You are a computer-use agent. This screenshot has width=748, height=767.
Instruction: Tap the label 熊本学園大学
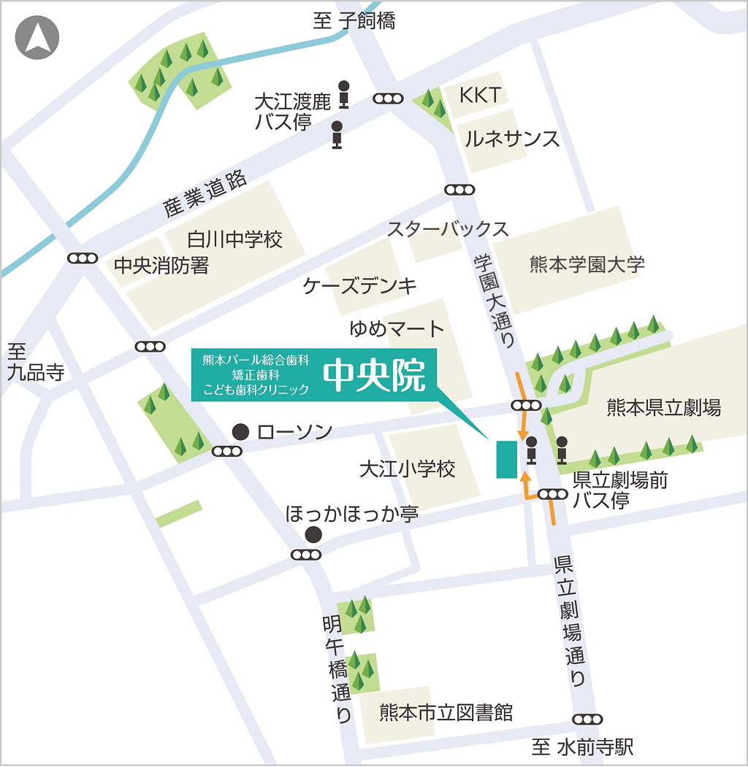point(587,264)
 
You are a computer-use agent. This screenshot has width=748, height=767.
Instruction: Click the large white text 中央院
point(375,377)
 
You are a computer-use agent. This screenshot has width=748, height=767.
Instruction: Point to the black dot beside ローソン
point(240,432)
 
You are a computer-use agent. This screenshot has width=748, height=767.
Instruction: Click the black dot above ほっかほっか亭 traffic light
point(313,534)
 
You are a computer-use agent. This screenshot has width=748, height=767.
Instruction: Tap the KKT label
point(480,95)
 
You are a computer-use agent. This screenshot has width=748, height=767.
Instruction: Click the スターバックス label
point(447,229)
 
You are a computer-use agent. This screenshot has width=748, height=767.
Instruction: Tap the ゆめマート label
point(397,329)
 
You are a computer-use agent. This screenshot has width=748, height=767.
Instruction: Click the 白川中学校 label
point(234,239)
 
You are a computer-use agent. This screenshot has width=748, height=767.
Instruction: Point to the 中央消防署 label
point(161,266)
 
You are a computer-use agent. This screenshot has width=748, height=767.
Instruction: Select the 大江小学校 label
point(407,469)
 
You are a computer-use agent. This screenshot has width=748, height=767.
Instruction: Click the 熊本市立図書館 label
point(446,712)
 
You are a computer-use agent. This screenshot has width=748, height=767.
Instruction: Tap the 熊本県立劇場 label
point(663,408)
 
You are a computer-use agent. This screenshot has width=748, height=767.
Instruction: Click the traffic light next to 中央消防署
point(83,258)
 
